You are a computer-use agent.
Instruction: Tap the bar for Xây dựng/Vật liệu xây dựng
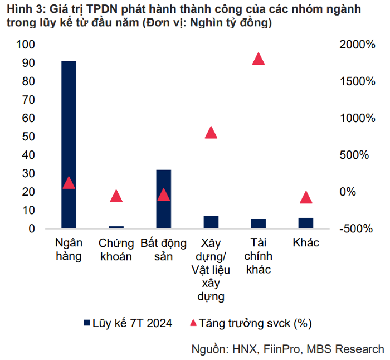tap(211, 222)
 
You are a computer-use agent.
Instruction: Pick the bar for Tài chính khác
tap(258, 224)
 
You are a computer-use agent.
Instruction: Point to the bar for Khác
tap(305, 223)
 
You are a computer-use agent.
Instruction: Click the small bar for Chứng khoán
tap(116, 227)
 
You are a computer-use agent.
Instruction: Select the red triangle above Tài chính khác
tap(258, 59)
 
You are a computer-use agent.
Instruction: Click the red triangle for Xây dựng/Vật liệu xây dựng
tap(211, 133)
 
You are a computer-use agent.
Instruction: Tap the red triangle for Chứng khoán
tap(116, 196)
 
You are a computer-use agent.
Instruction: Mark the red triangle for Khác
tap(305, 198)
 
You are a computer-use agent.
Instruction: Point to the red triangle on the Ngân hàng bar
tap(69, 183)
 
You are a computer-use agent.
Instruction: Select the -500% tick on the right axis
tap(357, 229)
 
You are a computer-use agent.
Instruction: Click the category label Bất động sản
tap(163, 250)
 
